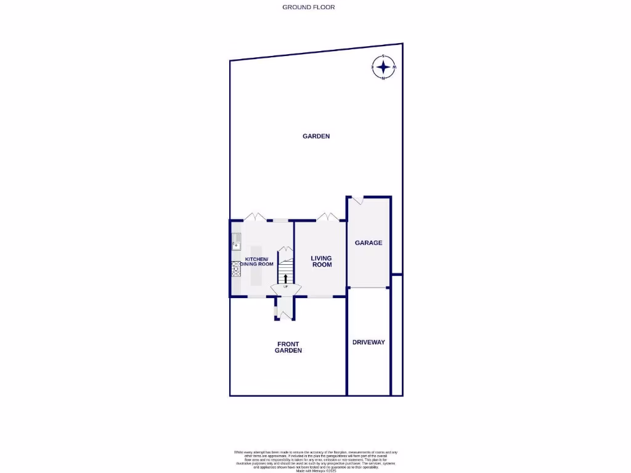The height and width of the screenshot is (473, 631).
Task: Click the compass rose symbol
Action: click(384, 67)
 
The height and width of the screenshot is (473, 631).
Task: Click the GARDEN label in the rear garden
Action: click(316, 136)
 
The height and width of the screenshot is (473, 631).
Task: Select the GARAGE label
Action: click(368, 243)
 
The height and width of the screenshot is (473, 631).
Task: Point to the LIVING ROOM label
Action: click(321, 261)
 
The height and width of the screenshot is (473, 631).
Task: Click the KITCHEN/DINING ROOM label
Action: click(259, 261)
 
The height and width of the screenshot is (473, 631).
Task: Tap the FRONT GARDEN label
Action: click(288, 347)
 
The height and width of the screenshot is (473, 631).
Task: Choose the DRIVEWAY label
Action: click(368, 342)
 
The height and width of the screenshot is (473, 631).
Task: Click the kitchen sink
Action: click(235, 241)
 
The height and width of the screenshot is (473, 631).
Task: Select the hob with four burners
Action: click(235, 268)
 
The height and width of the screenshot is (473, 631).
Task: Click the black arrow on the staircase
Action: click(285, 278)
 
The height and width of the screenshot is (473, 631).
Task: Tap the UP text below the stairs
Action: click(285, 287)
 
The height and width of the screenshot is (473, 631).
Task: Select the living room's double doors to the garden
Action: click(326, 217)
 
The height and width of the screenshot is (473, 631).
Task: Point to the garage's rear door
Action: click(357, 200)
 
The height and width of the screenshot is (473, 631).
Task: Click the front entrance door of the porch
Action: click(284, 315)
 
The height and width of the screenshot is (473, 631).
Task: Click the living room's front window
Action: click(320, 297)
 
